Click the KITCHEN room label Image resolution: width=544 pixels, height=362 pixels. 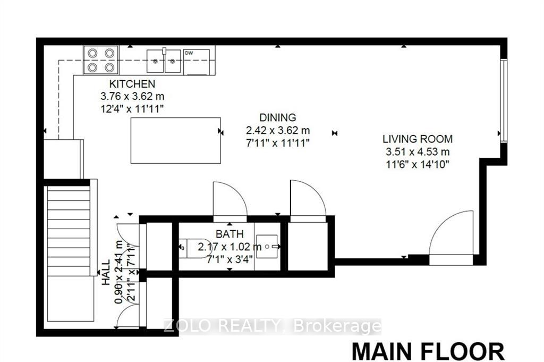pos(132,83)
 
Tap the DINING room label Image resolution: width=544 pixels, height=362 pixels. pos(278,117)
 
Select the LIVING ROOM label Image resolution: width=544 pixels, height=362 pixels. pos(418,139)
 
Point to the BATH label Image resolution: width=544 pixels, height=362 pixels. pos(229,234)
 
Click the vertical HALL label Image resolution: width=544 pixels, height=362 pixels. pos(106,273)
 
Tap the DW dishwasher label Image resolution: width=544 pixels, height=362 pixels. pos(189,53)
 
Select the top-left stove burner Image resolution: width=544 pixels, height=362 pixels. pos(92,53)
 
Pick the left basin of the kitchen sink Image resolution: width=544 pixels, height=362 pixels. pos(156,62)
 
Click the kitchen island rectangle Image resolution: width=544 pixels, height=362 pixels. pos(175,140)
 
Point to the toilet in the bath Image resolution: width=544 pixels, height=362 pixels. pos(193,248)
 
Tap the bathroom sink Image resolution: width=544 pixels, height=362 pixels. pos(267,247)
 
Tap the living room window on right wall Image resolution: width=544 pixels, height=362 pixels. pos(504,100)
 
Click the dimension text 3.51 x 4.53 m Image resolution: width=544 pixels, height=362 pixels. pos(418,151)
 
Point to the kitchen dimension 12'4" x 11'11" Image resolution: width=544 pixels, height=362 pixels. pos(132,108)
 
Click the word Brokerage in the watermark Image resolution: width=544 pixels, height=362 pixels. pos(337,326)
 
